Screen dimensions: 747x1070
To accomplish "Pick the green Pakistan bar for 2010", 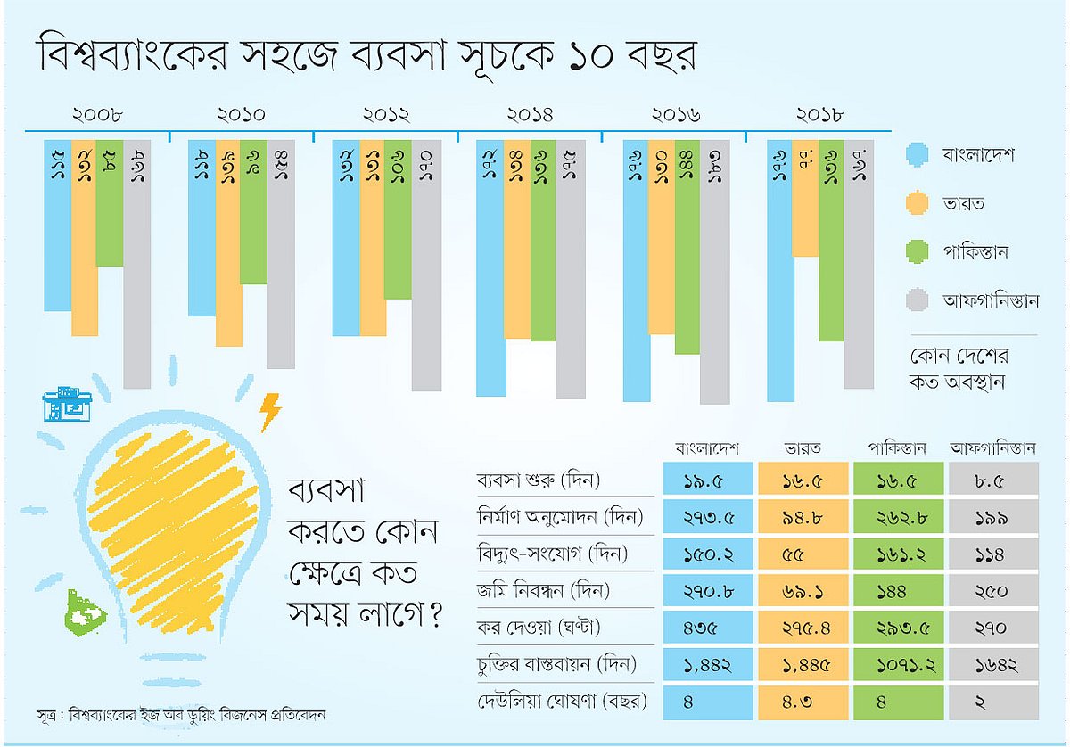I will pos(253,214).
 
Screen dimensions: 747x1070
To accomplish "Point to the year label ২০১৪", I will pos(530,115).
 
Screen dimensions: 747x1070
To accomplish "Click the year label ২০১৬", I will pos(673,115).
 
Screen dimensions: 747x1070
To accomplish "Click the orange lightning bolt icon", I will pos(269,412).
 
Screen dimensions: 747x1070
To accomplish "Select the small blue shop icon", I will pos(68,405).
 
